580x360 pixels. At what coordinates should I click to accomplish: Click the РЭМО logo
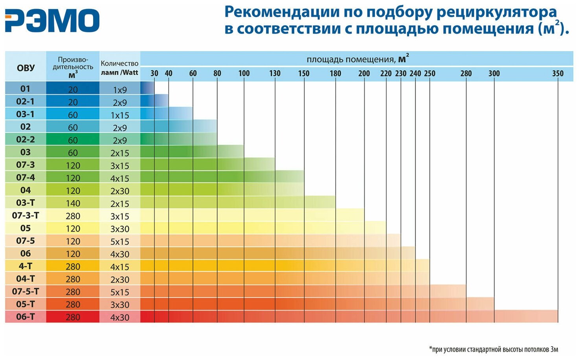point(52,20)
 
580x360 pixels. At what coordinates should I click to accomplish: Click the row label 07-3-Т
point(26,215)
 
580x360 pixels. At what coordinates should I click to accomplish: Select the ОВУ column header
point(26,68)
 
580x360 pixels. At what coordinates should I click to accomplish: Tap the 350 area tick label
point(558,73)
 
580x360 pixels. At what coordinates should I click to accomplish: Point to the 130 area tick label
point(275,73)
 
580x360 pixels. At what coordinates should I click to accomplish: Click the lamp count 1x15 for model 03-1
point(120,115)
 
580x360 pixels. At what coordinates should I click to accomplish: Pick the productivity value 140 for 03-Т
point(73,204)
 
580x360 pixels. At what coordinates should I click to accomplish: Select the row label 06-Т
point(26,317)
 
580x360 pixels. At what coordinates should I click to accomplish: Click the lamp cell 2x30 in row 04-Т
point(120,279)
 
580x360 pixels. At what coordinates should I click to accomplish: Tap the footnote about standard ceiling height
point(493,349)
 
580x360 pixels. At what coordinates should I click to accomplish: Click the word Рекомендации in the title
point(282,12)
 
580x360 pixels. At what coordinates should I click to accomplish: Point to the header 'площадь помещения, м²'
point(357,59)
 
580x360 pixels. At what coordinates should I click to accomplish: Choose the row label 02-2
point(26,140)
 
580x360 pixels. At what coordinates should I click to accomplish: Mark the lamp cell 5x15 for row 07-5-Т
point(120,292)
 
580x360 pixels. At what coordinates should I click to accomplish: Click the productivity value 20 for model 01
point(73,90)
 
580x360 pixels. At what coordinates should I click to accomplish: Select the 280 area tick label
point(466,73)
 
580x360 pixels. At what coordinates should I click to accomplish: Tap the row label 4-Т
point(26,266)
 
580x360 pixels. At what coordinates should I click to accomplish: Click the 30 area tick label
point(154,73)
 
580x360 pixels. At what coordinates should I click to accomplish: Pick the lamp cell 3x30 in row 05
point(120,229)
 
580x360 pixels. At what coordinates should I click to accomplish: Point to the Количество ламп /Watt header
point(119,67)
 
